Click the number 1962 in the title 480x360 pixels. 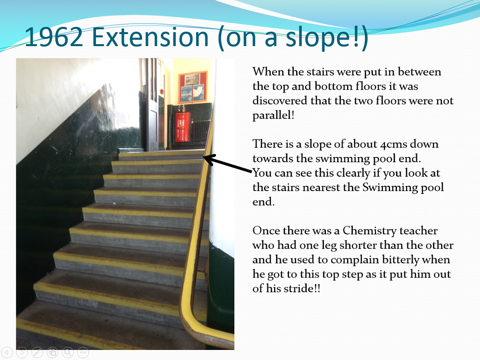tap(54, 37)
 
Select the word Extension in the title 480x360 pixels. tap(150, 37)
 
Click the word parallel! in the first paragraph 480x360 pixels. tap(274, 115)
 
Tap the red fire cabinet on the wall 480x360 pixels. tap(182, 127)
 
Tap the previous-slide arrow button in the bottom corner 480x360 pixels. tap(7, 352)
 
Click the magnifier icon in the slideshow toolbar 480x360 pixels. tap(68, 352)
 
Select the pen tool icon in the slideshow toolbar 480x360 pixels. tap(37, 352)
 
